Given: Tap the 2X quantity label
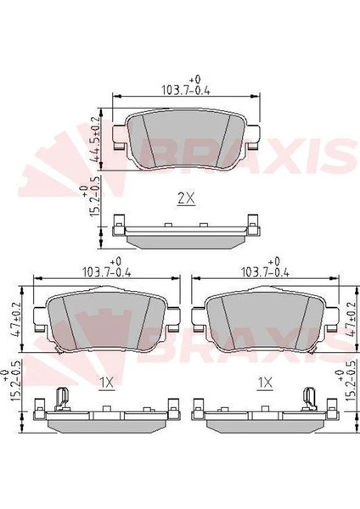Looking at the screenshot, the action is [x=186, y=199].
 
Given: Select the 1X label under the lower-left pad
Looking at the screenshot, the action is [x=107, y=383].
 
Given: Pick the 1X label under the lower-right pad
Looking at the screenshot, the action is [x=265, y=383].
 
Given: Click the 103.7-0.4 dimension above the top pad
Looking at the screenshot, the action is [x=186, y=90].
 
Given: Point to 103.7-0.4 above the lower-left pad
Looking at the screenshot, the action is [x=107, y=272].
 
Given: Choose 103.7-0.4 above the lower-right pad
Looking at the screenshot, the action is [x=265, y=272].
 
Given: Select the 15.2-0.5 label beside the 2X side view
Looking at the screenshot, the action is [x=89, y=198].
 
